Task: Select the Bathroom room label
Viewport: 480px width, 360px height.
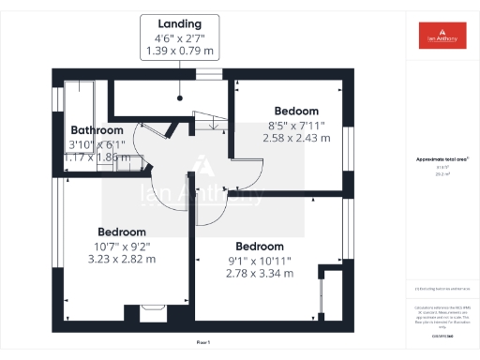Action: [97, 130]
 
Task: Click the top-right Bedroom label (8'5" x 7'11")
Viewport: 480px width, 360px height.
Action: [294, 111]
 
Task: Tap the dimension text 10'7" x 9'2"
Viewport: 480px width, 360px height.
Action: [121, 246]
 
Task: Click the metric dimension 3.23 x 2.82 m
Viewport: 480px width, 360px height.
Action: [121, 259]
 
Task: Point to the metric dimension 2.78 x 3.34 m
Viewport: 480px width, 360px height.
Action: [260, 274]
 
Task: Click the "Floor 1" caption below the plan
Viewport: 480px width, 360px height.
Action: [203, 344]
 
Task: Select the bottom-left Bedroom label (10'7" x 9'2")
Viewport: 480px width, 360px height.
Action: [122, 232]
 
